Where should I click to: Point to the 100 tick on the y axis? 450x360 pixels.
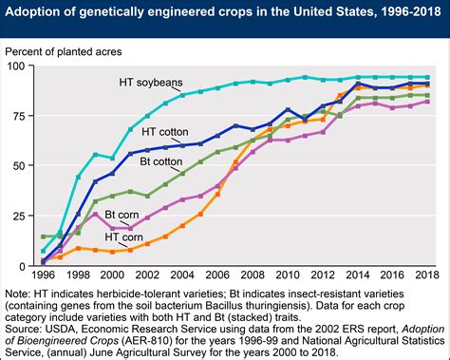pos(16,66)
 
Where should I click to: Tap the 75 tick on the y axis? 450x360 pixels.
pos(19,116)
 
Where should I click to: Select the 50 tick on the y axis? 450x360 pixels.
pos(19,165)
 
